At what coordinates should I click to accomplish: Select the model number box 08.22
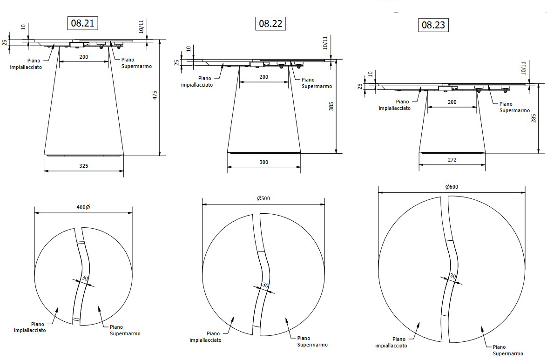coord(270,23)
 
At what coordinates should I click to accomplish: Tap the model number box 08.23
coord(433,25)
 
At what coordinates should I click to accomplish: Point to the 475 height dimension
coord(155,95)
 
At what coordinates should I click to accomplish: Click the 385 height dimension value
coord(331,107)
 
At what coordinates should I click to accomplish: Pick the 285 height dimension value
coord(534,118)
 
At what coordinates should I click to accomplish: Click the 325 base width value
coord(84,165)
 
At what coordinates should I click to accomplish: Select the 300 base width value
coord(264,162)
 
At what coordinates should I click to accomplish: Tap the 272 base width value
coord(452,159)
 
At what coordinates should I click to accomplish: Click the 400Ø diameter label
coord(83,207)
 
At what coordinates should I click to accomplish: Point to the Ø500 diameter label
coord(263,198)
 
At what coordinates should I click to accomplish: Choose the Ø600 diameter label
coord(452,187)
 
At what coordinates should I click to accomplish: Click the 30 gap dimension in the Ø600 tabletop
coord(452,276)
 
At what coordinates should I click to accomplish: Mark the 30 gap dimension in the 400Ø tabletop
coord(84,278)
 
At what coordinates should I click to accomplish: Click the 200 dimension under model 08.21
coord(84,57)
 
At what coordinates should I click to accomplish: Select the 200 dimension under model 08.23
coord(452,102)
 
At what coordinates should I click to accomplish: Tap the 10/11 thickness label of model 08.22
coord(325,43)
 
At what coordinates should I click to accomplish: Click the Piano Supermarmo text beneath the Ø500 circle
coord(312,341)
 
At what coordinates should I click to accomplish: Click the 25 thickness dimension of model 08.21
coord(5,42)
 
